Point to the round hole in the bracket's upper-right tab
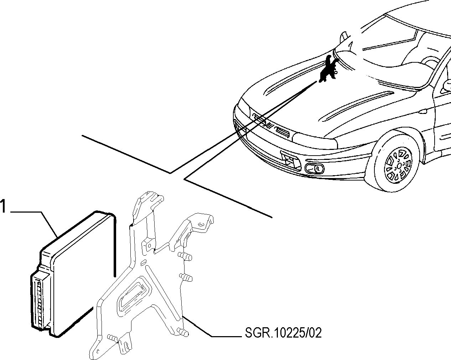[x=201, y=225]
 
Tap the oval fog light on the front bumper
[x=315, y=169]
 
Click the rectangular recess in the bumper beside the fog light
[x=290, y=160]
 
